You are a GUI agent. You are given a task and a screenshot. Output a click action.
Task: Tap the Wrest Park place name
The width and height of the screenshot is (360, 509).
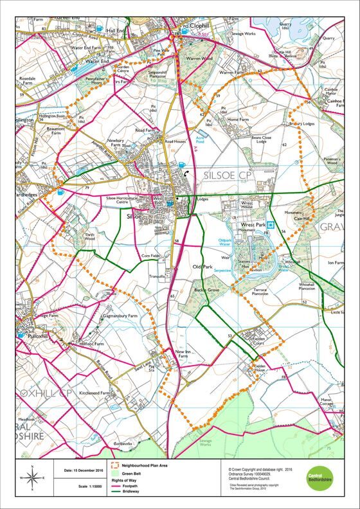click(x=252, y=226)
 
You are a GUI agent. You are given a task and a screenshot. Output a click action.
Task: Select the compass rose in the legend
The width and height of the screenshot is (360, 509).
click(x=32, y=477)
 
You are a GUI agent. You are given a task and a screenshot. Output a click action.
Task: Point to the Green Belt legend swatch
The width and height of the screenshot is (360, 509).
click(x=116, y=472)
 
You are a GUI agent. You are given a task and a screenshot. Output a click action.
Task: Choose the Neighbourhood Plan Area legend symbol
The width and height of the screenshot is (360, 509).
click(x=116, y=464)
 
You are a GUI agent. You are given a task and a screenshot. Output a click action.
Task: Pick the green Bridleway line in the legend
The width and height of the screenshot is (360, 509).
click(x=116, y=494)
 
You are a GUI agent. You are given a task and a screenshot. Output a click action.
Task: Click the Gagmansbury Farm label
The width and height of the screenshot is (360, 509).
click(x=120, y=317)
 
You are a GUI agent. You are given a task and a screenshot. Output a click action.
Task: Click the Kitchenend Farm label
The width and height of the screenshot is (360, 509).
click(x=96, y=392)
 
